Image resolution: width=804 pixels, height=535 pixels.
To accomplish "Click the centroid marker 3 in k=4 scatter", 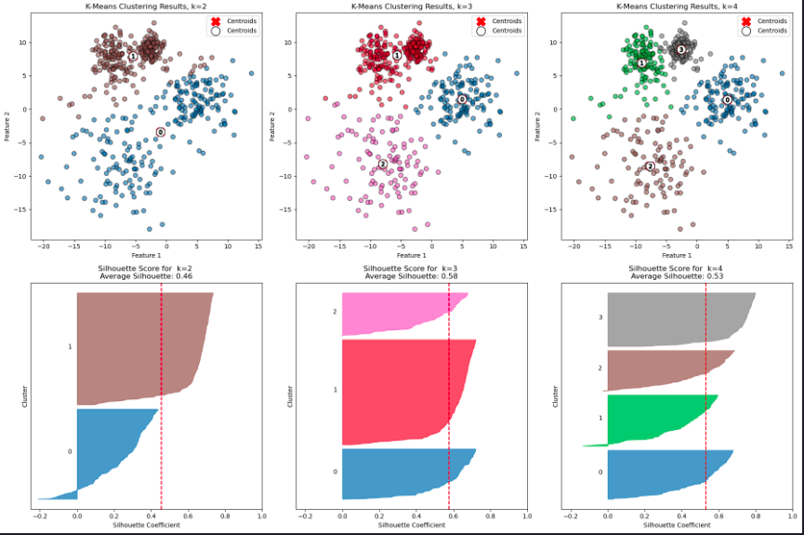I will (x=680, y=49).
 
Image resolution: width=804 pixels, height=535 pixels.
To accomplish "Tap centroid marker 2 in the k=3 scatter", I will (x=383, y=165).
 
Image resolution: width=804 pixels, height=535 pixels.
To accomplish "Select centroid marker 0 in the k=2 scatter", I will (x=160, y=132).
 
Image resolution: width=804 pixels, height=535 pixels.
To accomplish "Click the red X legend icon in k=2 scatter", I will (x=214, y=20).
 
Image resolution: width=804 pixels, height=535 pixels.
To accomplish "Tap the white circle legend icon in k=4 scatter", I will (x=745, y=31).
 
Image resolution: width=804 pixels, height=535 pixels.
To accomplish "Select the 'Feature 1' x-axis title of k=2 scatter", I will (x=146, y=255).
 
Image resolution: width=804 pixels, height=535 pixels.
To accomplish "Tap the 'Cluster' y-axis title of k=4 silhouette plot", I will (x=555, y=395).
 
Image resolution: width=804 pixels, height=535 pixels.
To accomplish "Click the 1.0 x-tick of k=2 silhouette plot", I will (x=261, y=515).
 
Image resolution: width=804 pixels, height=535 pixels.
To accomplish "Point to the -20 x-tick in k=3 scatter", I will (x=309, y=244).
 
